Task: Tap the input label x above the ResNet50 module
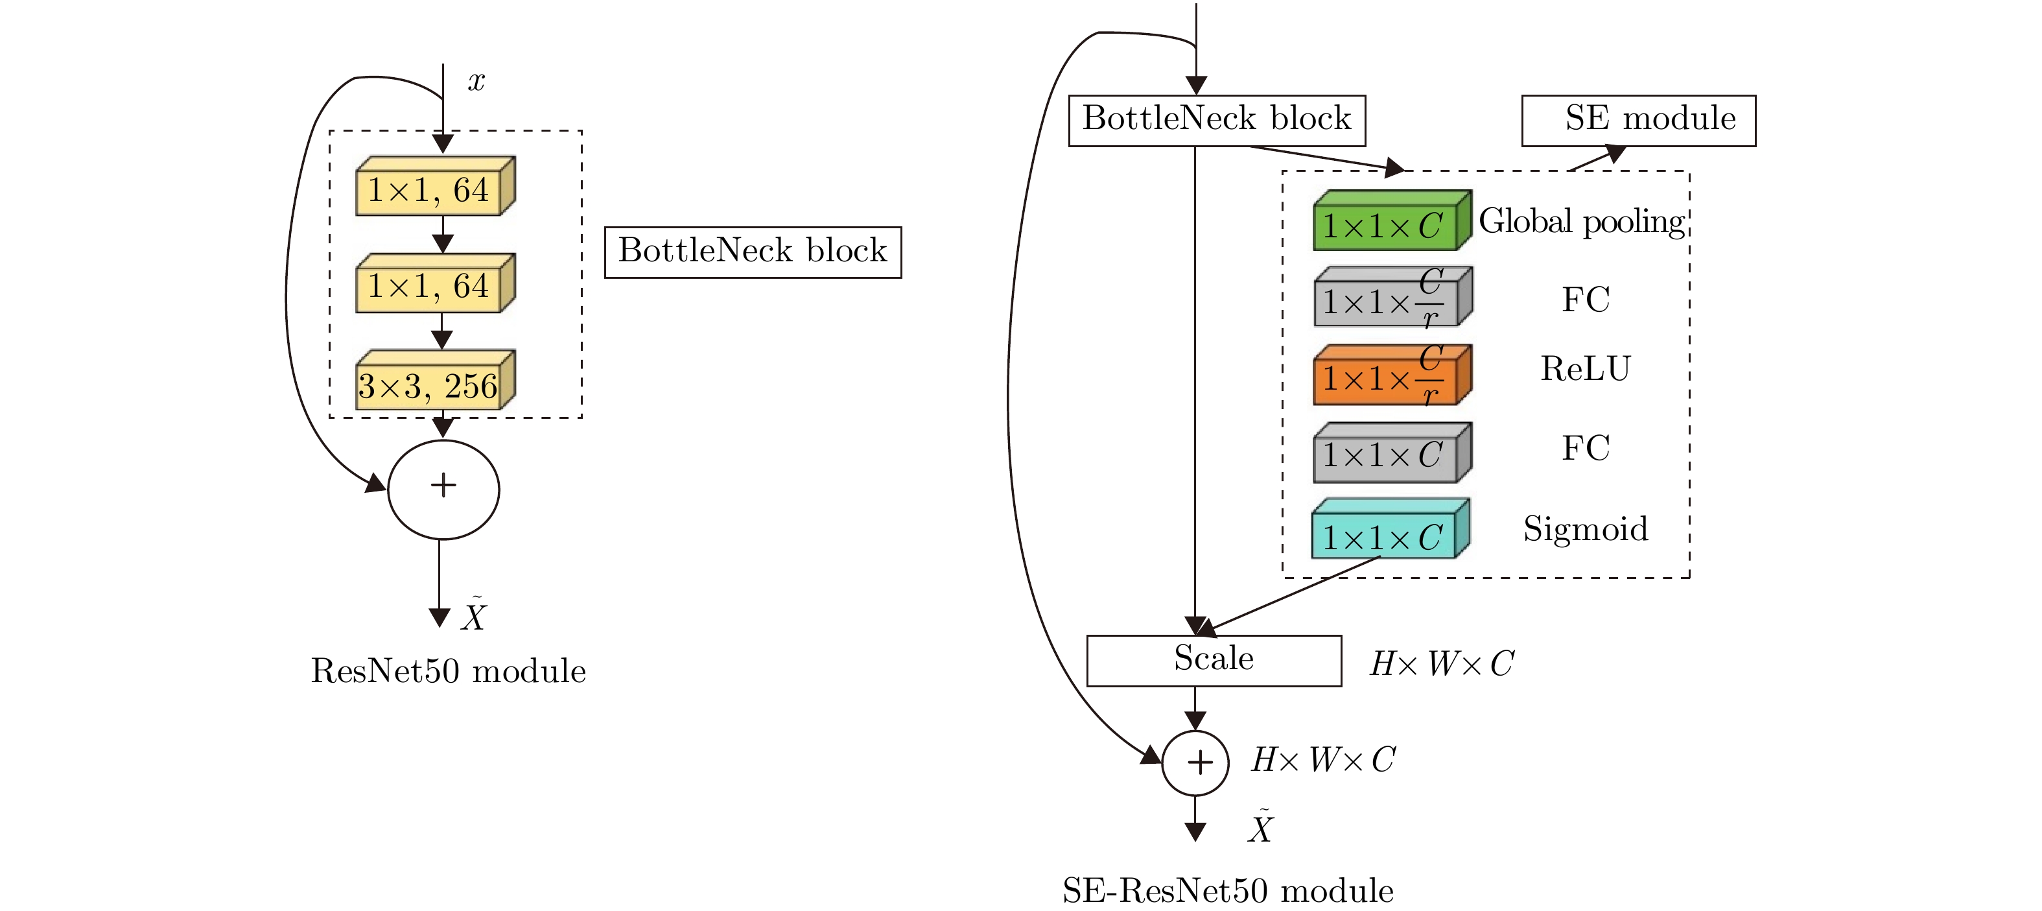(x=476, y=81)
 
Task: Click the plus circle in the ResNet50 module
(x=443, y=488)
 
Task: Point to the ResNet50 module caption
(x=448, y=670)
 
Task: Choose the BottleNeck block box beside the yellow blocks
(x=752, y=252)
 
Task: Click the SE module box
(x=1637, y=121)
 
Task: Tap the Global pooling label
(x=1582, y=221)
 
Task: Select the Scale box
(x=1214, y=659)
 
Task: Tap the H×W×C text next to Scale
(x=1442, y=663)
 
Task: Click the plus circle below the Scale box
(x=1195, y=762)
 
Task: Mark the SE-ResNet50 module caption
(x=1227, y=890)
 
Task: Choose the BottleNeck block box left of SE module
(x=1216, y=121)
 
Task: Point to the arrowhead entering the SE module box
(x=1615, y=152)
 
